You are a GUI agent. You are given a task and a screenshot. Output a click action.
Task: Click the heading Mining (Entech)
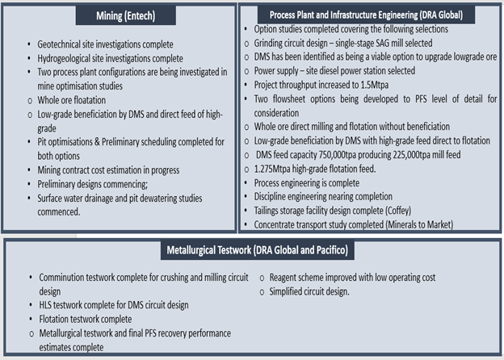(x=126, y=15)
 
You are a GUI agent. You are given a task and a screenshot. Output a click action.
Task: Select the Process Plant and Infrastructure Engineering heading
(x=366, y=15)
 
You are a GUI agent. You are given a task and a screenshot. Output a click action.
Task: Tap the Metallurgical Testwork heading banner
(x=258, y=250)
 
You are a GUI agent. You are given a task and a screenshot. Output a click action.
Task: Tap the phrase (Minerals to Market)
(x=419, y=225)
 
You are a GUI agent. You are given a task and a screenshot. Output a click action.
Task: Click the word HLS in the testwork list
(x=44, y=305)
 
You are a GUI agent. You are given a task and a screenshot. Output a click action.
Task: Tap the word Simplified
(x=284, y=291)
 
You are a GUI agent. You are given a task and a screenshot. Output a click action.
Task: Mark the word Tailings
(x=267, y=211)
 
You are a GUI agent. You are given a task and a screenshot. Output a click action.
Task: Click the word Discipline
(x=269, y=196)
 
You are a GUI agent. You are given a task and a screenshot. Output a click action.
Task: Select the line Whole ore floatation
(x=71, y=100)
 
